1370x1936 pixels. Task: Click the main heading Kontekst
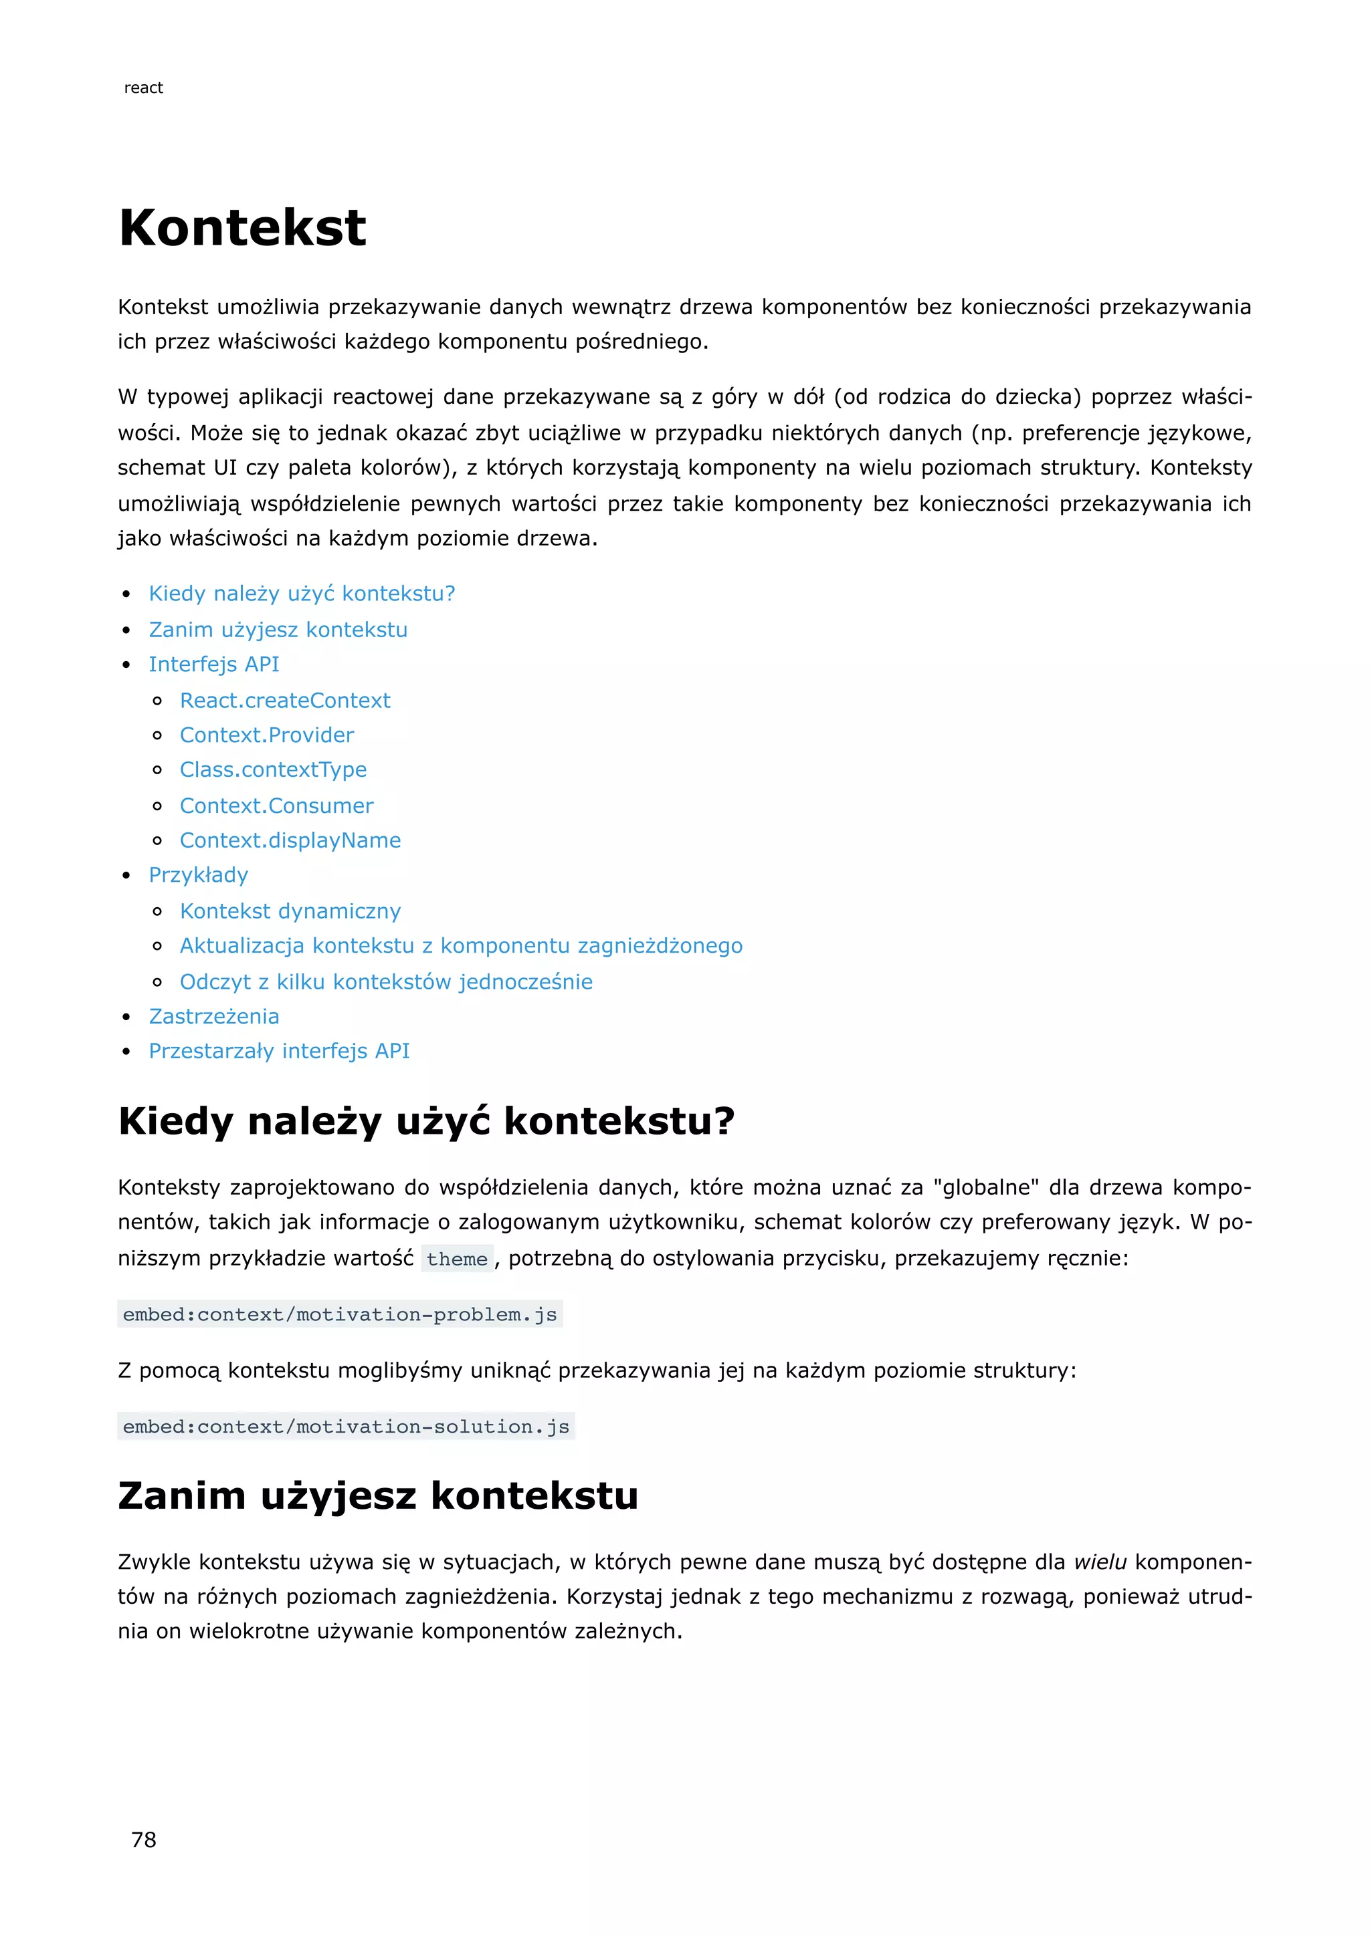[x=243, y=228]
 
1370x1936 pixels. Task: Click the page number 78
[x=143, y=1839]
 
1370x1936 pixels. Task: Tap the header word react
[x=143, y=88]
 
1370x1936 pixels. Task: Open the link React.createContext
[x=285, y=701]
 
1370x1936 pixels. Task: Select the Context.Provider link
[x=267, y=735]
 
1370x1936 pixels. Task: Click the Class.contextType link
[x=274, y=770]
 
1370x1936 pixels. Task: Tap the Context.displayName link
[x=290, y=841]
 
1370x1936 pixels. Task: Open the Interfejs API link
[x=213, y=664]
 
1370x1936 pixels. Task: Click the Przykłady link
[x=198, y=875]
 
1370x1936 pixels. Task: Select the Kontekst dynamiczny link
[x=290, y=911]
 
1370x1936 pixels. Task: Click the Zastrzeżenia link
[x=213, y=1017]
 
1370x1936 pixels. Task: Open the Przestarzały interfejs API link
[x=279, y=1052]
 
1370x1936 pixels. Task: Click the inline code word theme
[x=456, y=1259]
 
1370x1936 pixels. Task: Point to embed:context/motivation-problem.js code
[x=340, y=1314]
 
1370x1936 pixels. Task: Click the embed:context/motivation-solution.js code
[x=346, y=1427]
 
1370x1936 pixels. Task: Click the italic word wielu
[x=1100, y=1562]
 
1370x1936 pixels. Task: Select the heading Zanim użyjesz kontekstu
[x=378, y=1496]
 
